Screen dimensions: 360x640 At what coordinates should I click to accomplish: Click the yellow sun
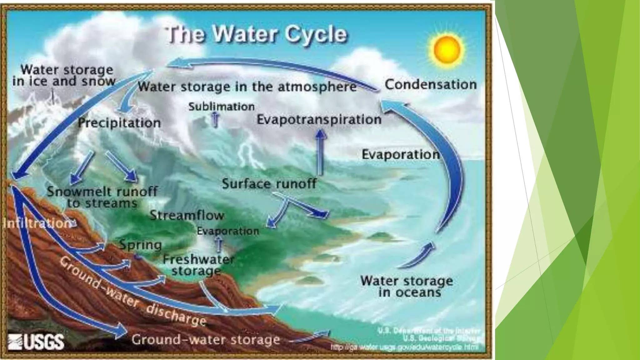tap(449, 50)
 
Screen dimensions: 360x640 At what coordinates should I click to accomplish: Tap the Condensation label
tap(431, 84)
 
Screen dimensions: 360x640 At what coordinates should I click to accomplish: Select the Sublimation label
tap(221, 107)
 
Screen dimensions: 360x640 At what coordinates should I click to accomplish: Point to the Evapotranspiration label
tap(319, 120)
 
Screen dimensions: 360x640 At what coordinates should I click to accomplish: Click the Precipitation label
tap(119, 122)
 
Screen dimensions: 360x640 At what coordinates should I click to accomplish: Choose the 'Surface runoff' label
tap(269, 183)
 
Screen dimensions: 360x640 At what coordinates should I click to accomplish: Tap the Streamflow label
tap(187, 215)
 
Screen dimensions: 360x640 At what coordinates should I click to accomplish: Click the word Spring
tap(141, 245)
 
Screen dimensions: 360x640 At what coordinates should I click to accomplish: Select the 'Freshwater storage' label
tap(198, 265)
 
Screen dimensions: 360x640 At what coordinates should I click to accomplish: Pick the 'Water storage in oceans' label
tap(407, 286)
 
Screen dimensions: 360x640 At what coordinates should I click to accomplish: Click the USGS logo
tap(36, 341)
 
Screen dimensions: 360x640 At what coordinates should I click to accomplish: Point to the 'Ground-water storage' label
tap(205, 339)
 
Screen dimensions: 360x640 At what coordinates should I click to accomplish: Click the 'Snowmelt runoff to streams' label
tap(102, 197)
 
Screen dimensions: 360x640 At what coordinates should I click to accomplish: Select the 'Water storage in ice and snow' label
tap(63, 76)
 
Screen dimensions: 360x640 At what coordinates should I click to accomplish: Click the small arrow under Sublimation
tap(215, 120)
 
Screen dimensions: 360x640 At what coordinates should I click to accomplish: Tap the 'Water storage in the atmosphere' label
tap(247, 87)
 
